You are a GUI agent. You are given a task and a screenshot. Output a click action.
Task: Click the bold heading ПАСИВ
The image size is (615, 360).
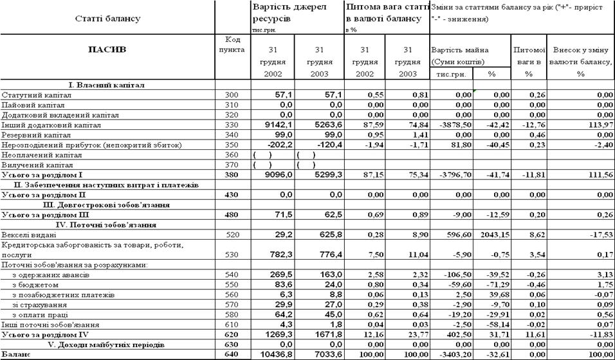point(107,49)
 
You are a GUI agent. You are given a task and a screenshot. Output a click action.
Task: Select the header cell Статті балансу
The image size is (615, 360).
point(107,19)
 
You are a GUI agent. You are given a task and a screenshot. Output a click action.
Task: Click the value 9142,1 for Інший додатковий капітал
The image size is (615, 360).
point(275,125)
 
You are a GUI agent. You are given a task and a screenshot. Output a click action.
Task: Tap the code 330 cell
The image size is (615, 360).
point(232,125)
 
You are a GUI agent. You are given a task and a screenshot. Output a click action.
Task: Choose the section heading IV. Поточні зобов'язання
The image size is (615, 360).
point(106,224)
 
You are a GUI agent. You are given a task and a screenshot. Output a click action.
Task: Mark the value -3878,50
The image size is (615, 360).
point(454,125)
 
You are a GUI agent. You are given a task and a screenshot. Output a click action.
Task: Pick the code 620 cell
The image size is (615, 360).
point(232,335)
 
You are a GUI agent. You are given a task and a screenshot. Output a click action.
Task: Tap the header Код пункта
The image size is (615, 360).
point(232,44)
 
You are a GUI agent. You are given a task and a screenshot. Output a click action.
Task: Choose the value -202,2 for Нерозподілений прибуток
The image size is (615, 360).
point(275,146)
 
